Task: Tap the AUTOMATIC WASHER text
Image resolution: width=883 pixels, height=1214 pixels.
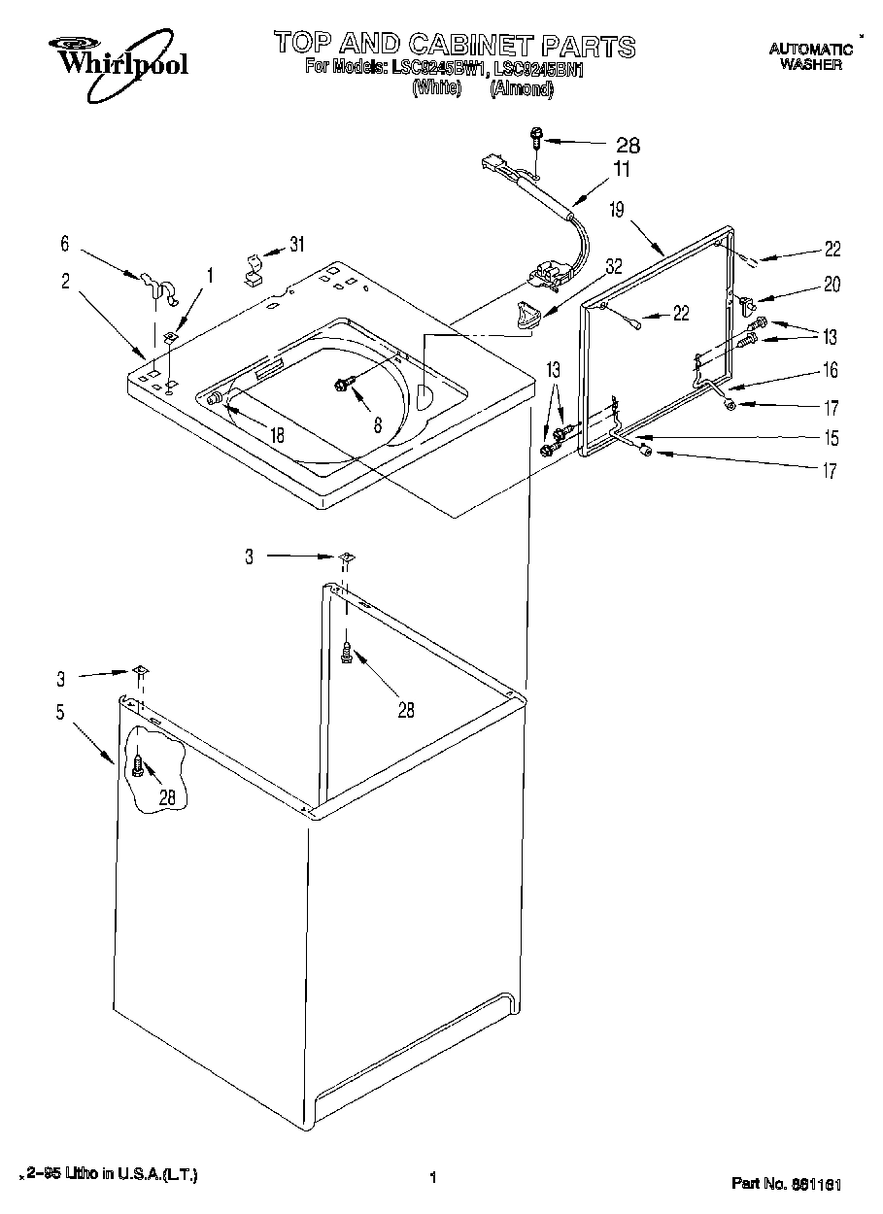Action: (x=810, y=56)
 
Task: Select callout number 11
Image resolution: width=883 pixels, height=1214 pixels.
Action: (x=621, y=170)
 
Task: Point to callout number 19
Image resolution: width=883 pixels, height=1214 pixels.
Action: (x=616, y=209)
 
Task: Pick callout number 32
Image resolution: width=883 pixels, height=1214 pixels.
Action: (x=613, y=263)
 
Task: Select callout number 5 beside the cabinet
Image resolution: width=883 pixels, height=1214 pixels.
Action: (x=60, y=712)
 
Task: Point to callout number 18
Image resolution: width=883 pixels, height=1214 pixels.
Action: (x=278, y=436)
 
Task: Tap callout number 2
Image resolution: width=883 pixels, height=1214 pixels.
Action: (x=65, y=282)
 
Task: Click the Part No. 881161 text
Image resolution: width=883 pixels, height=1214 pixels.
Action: (x=786, y=1184)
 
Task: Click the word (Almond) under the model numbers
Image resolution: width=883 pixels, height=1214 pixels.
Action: (x=521, y=88)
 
